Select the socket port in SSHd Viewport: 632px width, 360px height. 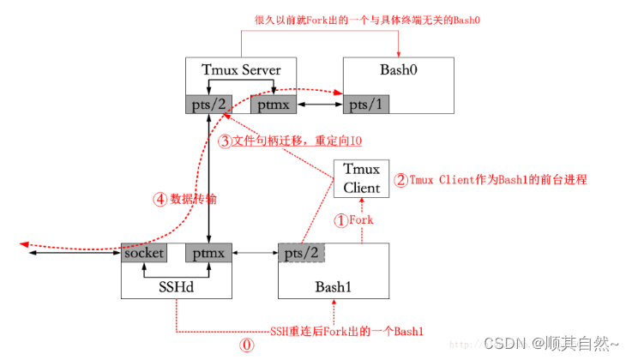[143, 254]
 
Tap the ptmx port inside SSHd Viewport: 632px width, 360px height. [209, 254]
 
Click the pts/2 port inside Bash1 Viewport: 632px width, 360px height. [301, 254]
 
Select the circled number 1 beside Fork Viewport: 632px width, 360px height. [340, 219]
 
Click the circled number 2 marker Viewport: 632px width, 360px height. [400, 181]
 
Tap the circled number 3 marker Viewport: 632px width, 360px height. [225, 141]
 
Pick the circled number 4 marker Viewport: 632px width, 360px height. [160, 198]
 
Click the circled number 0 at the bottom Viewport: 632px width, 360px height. [246, 347]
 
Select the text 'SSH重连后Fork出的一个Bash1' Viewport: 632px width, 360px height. [347, 331]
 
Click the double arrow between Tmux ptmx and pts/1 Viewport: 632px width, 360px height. [319, 105]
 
